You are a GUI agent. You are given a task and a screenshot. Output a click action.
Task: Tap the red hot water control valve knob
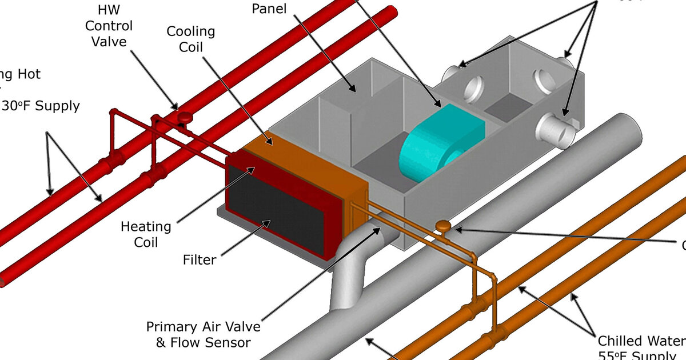click(x=184, y=117)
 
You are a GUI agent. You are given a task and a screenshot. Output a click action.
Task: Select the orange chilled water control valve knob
click(x=442, y=226)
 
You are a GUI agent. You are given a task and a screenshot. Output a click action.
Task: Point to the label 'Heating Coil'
click(x=146, y=234)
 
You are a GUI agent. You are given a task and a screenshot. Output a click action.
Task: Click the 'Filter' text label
click(x=200, y=260)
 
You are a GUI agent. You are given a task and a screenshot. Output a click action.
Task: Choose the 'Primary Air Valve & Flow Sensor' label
click(x=203, y=335)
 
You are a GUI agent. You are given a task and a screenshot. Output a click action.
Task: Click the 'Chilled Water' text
click(x=640, y=341)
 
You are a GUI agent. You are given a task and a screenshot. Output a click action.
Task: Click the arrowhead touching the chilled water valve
click(x=457, y=230)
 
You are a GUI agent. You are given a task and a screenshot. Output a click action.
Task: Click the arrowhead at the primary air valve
click(x=378, y=229)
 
